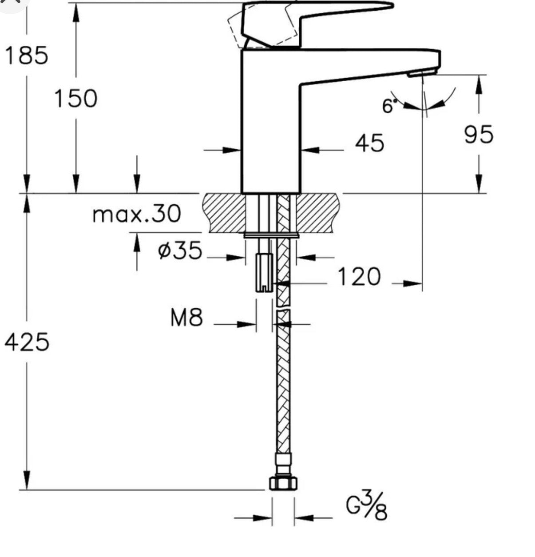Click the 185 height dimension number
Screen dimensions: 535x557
[26, 55]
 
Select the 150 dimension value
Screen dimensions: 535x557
[76, 99]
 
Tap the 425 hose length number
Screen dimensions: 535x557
[27, 342]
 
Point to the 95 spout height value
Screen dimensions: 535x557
[479, 134]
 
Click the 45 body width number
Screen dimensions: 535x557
[370, 143]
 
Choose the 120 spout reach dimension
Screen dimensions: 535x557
[359, 276]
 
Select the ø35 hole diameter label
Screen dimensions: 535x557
[180, 250]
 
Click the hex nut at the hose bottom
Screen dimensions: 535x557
[283, 483]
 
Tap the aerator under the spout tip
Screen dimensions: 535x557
[422, 73]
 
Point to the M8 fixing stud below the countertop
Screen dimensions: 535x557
[264, 272]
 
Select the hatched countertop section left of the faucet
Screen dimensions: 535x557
[223, 213]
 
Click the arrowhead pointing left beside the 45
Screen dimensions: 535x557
[310, 149]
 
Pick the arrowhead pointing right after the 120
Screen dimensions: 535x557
[412, 284]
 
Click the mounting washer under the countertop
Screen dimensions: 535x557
[271, 235]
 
